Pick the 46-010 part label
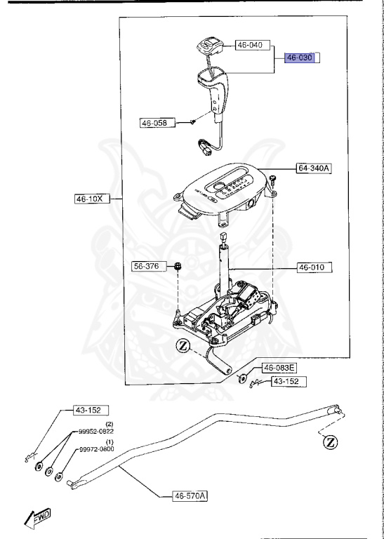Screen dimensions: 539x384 click(x=315, y=267)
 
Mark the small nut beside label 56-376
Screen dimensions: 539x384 click(x=179, y=267)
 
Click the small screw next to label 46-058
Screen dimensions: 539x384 click(x=192, y=121)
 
